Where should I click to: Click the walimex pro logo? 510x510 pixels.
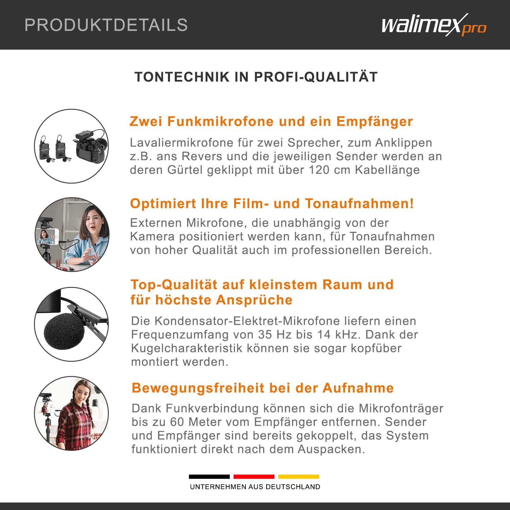click(x=434, y=25)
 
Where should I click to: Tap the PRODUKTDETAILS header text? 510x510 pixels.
click(x=106, y=25)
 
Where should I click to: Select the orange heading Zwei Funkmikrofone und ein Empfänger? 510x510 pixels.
click(x=271, y=121)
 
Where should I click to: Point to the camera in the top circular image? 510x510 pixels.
click(x=91, y=146)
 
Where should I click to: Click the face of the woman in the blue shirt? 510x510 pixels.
click(x=92, y=221)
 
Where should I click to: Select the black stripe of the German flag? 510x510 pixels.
click(x=209, y=477)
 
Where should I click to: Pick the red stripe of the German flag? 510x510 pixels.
click(x=254, y=477)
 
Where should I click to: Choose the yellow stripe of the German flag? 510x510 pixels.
click(x=299, y=477)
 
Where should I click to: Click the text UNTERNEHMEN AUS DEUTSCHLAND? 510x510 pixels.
click(x=255, y=487)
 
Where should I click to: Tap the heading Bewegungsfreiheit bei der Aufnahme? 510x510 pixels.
click(x=263, y=388)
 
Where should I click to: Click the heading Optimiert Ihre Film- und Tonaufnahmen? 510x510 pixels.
click(x=272, y=204)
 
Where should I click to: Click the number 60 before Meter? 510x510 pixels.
click(x=177, y=422)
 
